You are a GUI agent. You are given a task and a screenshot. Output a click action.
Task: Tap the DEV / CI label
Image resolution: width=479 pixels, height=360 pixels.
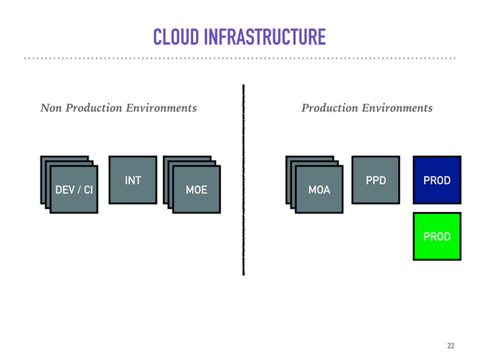pos(74,190)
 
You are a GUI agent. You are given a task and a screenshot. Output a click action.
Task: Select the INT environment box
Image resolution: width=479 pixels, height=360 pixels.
pos(133,180)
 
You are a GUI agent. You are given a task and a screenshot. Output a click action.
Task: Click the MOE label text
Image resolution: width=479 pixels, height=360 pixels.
pos(196,190)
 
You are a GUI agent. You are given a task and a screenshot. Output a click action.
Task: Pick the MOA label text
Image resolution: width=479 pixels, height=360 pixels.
pos(319,190)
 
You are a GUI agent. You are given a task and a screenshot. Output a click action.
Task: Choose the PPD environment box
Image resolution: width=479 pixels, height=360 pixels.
pos(376,180)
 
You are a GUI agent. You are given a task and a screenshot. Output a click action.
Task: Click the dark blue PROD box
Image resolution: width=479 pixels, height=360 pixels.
pos(437,180)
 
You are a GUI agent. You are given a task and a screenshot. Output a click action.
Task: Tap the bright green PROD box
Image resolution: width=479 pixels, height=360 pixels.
pos(437,236)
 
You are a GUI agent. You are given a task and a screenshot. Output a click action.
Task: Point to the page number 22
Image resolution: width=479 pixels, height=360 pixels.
pos(450,346)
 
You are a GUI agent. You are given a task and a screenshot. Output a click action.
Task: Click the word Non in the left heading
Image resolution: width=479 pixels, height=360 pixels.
pos(51,108)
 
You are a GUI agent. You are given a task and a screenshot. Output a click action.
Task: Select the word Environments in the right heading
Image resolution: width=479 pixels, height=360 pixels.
pos(397,108)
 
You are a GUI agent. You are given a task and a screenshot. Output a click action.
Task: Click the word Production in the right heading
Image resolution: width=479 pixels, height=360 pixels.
pos(330,108)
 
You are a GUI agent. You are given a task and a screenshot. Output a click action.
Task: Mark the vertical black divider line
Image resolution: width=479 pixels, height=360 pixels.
pos(244,180)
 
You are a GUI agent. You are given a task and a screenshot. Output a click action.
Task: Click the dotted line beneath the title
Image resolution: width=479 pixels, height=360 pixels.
pos(239,58)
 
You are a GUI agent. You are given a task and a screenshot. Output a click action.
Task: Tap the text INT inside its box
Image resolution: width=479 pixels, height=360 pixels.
pos(133,180)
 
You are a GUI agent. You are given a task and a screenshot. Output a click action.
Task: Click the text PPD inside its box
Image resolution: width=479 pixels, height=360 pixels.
pos(376,180)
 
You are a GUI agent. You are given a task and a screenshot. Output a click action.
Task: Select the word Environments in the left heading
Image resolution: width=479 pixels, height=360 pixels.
pos(161,108)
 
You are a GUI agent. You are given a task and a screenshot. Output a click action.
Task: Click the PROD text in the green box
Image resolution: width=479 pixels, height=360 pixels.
pos(437,236)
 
